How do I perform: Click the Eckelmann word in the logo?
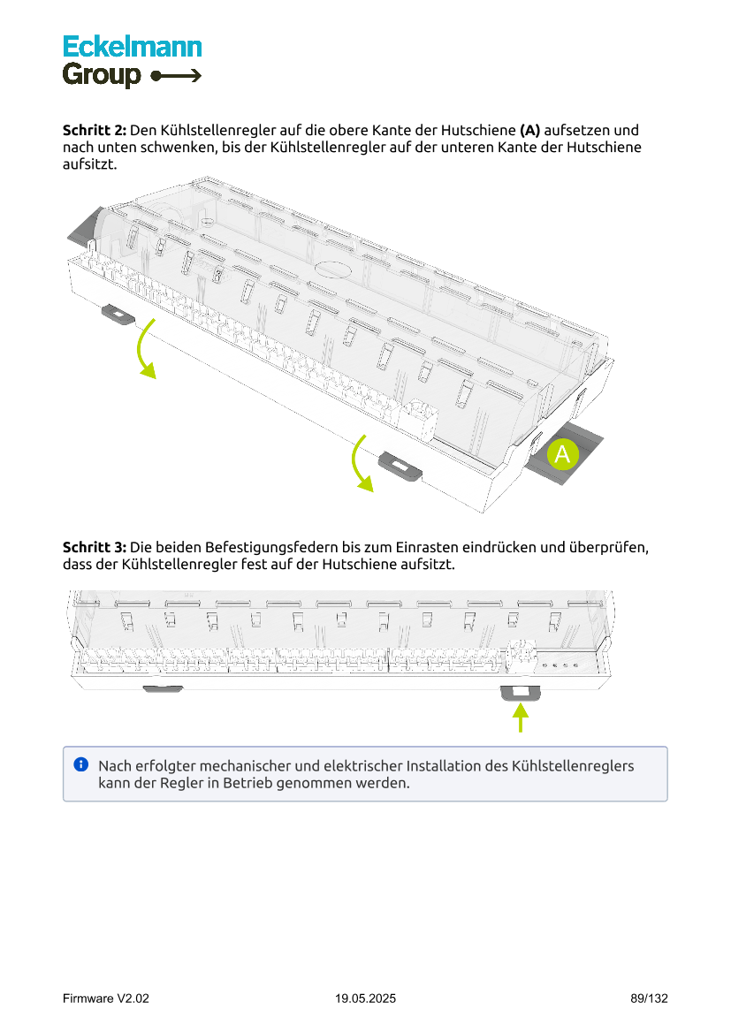(x=132, y=47)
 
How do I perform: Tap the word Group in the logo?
(x=102, y=75)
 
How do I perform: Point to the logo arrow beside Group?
(x=177, y=76)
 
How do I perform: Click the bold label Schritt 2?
(x=95, y=130)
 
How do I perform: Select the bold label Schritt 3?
(x=95, y=547)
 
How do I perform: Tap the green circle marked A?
(x=562, y=455)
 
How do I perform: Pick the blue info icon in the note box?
(x=81, y=763)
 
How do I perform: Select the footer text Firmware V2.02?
(x=106, y=999)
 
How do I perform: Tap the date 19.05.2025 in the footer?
(x=365, y=999)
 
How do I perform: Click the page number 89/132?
(x=649, y=999)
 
